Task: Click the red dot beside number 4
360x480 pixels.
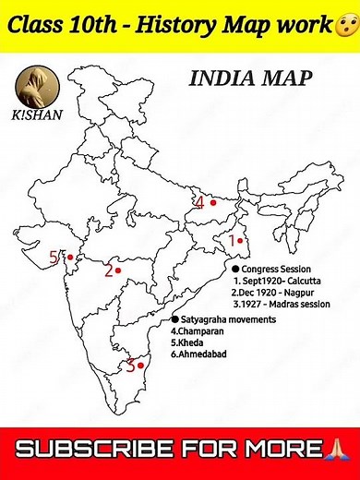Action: tap(212, 201)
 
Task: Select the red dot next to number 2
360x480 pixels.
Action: tap(119, 270)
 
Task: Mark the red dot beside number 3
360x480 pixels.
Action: tap(139, 365)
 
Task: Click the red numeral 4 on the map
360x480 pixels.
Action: tap(198, 202)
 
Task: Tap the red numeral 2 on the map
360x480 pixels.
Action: tap(108, 270)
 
